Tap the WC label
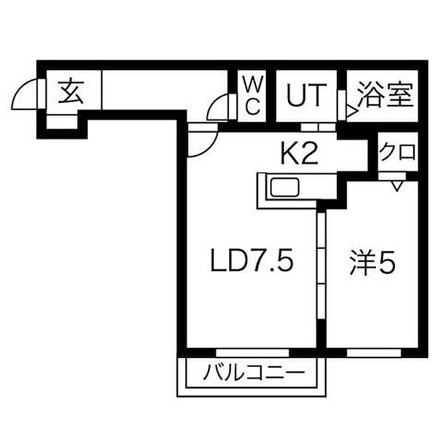point(252,95)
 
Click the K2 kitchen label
point(297,154)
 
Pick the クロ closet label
point(397,153)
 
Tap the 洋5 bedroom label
point(372,261)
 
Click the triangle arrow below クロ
point(397,186)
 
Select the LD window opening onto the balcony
point(252,350)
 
